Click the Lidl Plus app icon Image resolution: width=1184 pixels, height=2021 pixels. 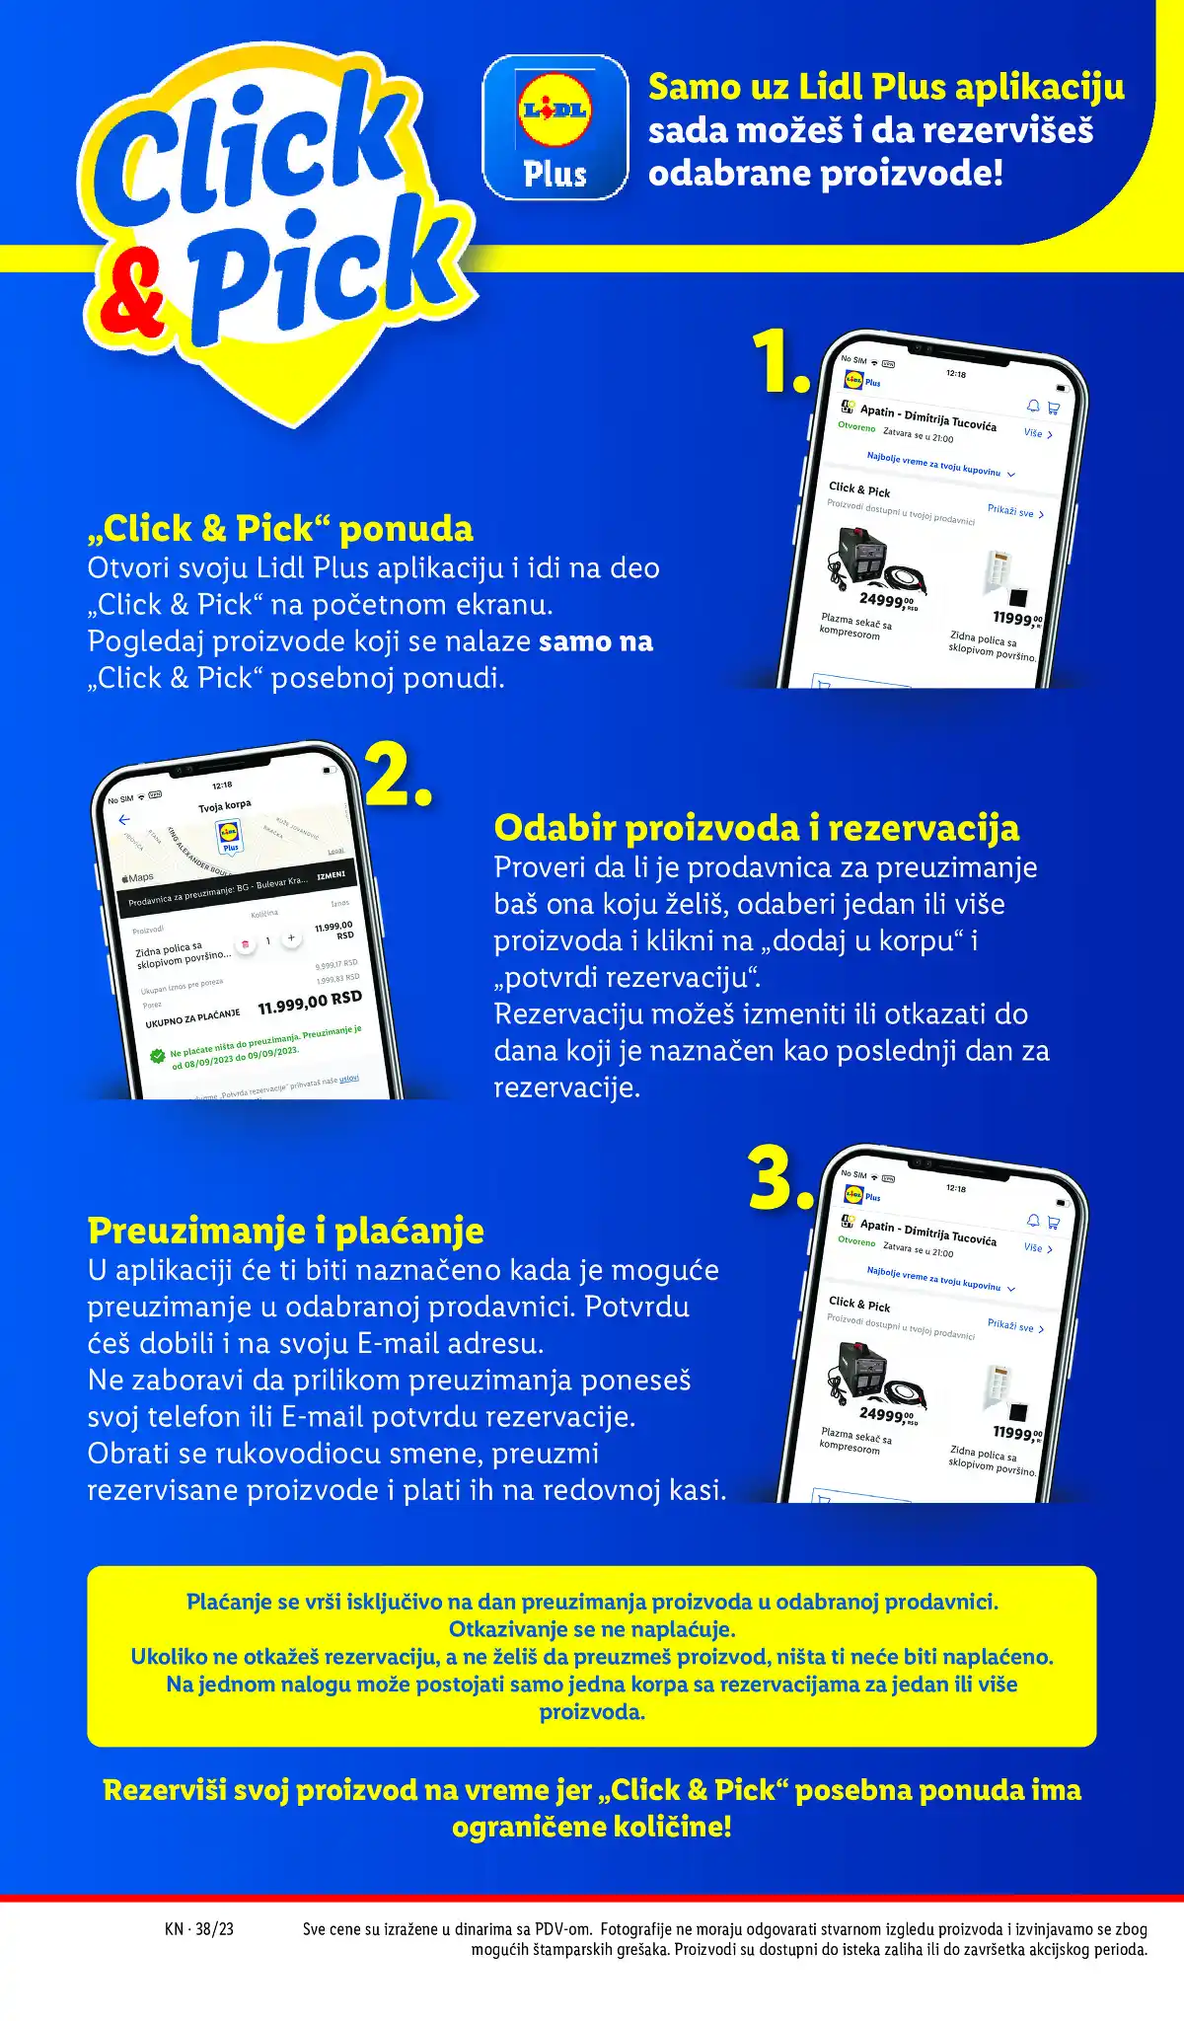coord(555,127)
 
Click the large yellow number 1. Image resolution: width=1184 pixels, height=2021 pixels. coord(778,362)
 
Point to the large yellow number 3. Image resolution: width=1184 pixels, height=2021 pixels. coord(780,1177)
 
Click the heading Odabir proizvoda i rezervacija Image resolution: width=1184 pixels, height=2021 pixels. coord(756,828)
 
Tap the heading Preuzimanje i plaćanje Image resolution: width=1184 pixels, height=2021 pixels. coord(285,1231)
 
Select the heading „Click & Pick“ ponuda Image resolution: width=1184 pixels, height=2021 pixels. coord(280,529)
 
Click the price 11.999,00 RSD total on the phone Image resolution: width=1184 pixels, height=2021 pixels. coord(310,1003)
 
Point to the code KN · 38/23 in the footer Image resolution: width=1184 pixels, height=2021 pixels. coord(199,1928)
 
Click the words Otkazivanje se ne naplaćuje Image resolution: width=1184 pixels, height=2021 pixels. coord(592,1629)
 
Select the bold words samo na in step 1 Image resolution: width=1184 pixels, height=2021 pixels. coord(596,641)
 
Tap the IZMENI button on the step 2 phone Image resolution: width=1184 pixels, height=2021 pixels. coord(332,874)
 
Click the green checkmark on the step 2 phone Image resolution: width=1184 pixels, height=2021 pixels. coord(157,1056)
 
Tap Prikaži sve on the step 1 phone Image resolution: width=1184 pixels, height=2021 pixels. coord(1014,511)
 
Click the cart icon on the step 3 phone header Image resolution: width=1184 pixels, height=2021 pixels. coord(1054,1222)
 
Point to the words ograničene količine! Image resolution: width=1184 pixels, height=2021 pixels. coord(592,1827)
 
